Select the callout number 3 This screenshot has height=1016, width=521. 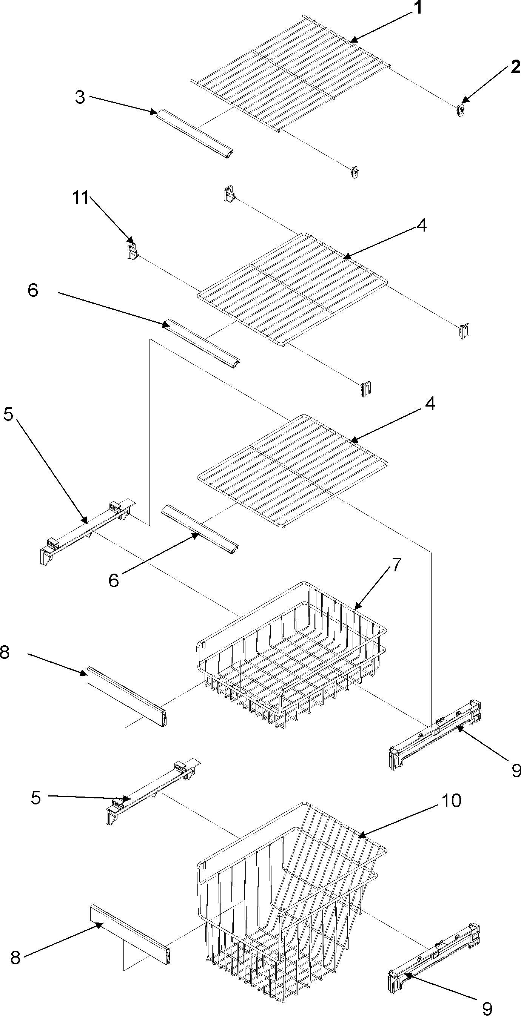point(80,97)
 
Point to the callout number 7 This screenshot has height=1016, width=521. point(396,565)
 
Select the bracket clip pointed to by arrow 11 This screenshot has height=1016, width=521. point(133,252)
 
